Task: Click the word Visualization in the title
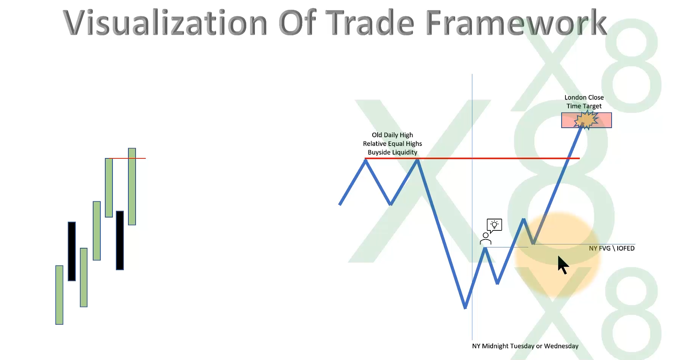(x=165, y=23)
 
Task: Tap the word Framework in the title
(x=516, y=23)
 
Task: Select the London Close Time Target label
(x=584, y=102)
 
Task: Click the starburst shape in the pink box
(x=586, y=120)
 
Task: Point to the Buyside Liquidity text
(x=392, y=152)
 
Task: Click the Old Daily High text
(x=392, y=135)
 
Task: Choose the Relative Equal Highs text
(x=392, y=144)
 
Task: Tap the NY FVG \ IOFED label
(x=612, y=248)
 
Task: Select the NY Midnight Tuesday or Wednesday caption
(x=525, y=346)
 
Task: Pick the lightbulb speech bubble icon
(x=494, y=225)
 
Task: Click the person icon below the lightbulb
(x=485, y=239)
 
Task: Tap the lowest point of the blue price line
(x=465, y=308)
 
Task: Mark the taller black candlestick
(x=72, y=251)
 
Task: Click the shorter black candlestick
(x=120, y=240)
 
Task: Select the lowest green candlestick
(x=59, y=295)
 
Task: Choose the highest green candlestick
(x=132, y=186)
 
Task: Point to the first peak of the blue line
(x=365, y=161)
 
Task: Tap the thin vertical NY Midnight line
(x=472, y=207)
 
